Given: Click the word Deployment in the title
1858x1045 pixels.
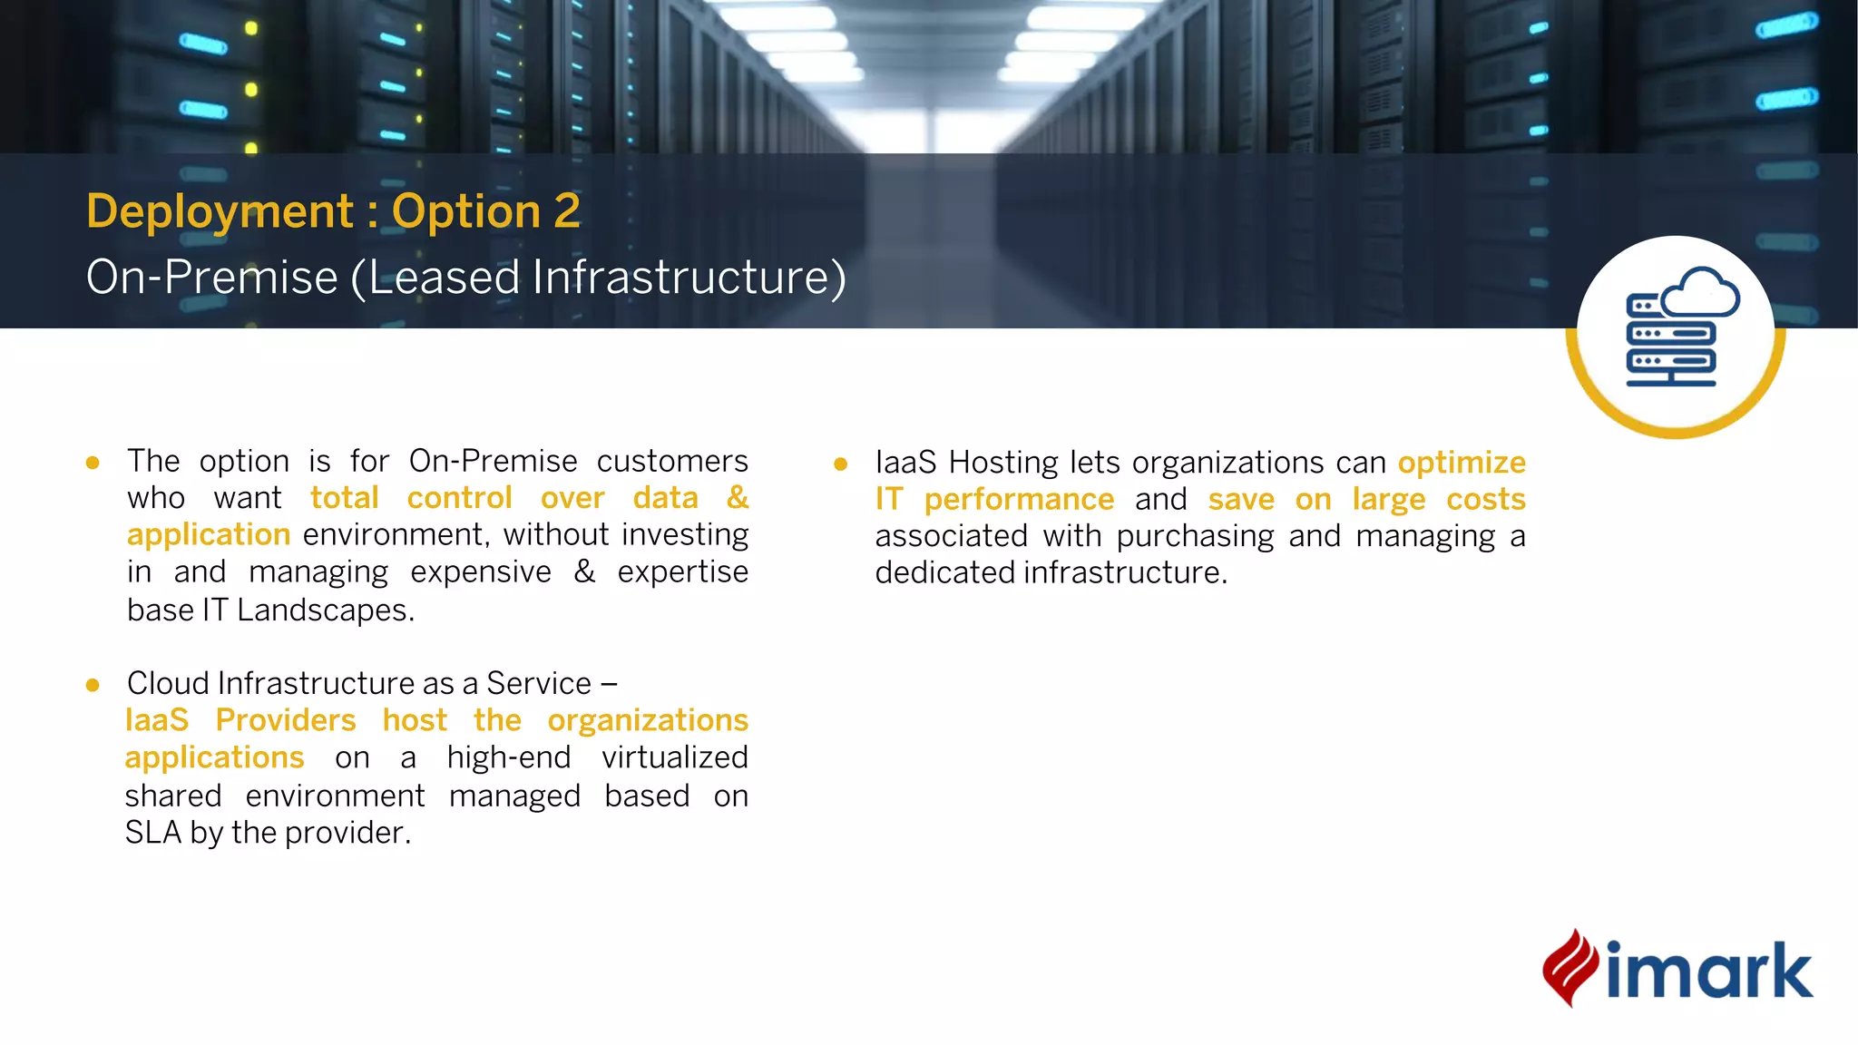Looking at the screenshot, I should click(219, 212).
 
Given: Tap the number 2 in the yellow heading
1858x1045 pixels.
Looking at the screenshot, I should click(567, 211).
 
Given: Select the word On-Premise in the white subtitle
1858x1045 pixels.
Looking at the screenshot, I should click(211, 278).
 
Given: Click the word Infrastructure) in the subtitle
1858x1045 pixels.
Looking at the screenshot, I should click(689, 278).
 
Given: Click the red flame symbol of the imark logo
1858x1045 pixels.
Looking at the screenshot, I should click(1570, 967).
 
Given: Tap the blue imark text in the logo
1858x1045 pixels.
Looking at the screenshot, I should click(1709, 971).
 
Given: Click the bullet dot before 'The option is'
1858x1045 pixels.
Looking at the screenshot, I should click(93, 463).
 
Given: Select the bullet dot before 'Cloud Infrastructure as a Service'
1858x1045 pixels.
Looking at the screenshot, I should click(93, 685).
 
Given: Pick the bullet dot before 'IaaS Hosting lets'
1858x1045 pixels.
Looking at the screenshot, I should click(841, 464).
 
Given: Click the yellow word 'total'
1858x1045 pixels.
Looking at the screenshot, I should click(345, 498).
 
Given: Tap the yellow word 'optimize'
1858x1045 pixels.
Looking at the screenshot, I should click(1462, 463).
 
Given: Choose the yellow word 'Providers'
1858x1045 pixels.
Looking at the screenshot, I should click(286, 720).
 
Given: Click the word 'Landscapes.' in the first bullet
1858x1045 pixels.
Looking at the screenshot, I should click(326, 610).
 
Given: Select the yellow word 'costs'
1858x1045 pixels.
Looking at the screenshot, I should click(1485, 500).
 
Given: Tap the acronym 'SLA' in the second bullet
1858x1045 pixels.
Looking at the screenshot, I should click(153, 833).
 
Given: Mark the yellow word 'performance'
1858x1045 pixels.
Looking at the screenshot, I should click(1019, 500).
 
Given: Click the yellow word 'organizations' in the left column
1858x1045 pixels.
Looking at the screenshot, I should click(648, 720).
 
